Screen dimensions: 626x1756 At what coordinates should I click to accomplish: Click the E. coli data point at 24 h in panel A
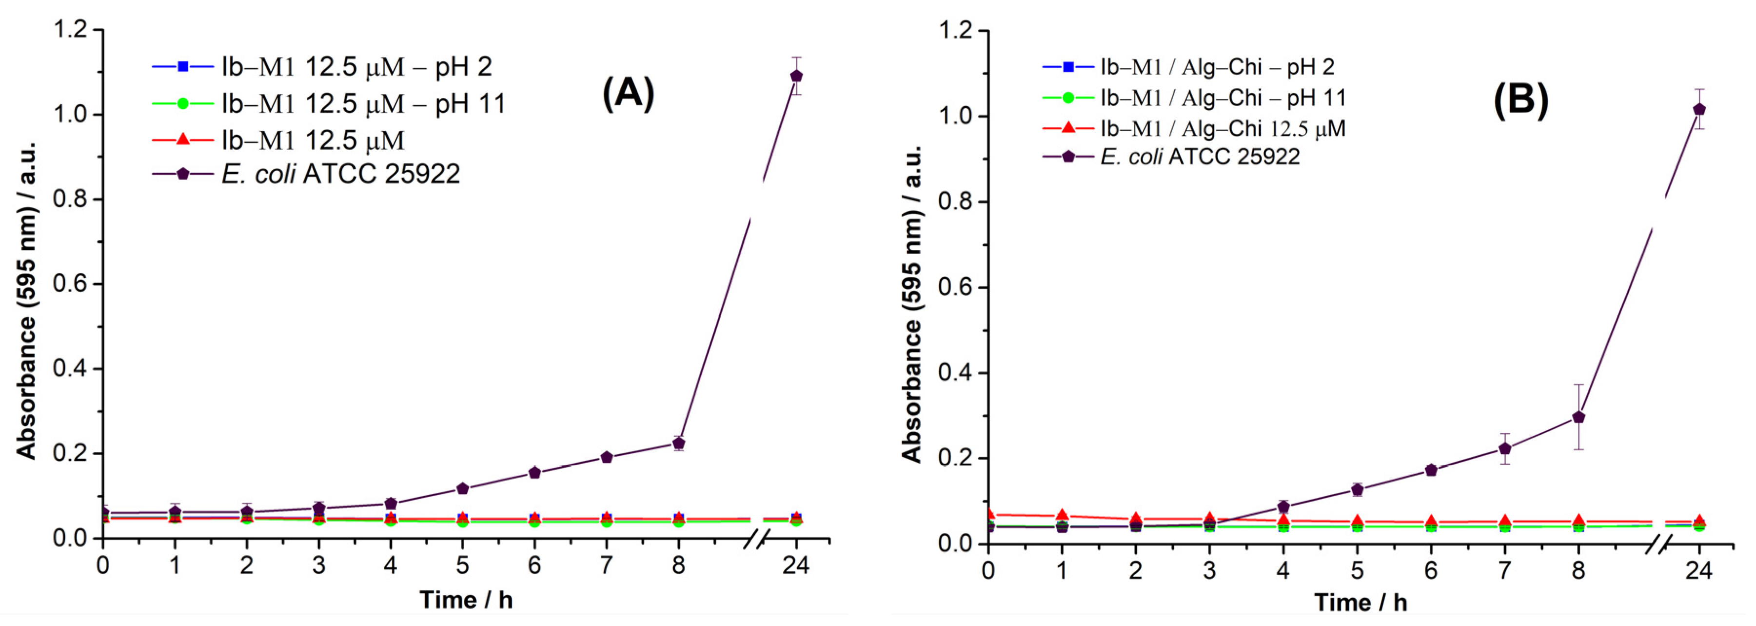tap(795, 76)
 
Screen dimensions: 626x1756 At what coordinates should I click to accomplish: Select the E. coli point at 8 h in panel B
tap(1578, 417)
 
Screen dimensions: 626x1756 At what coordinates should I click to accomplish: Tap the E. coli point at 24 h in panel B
tap(1699, 109)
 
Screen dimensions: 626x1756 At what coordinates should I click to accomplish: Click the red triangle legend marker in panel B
tap(1068, 127)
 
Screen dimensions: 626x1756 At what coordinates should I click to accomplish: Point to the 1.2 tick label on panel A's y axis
tap(72, 29)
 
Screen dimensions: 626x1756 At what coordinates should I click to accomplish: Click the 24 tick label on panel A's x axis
tap(795, 565)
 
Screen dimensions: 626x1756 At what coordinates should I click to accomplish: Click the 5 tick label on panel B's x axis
tap(1357, 570)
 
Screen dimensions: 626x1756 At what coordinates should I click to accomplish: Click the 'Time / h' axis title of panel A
tap(466, 600)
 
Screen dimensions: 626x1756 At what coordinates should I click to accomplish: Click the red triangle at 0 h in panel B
tap(988, 514)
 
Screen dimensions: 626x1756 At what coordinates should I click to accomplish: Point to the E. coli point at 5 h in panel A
tap(462, 489)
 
